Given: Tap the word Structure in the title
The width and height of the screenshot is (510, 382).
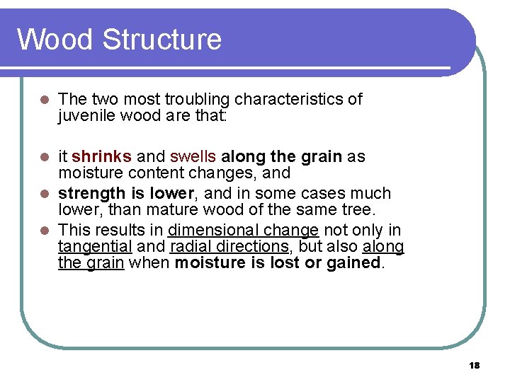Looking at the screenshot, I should pos(161,39).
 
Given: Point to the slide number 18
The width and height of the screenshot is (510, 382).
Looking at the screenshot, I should pos(474,365).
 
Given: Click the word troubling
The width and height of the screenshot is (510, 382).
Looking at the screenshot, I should pos(196,99).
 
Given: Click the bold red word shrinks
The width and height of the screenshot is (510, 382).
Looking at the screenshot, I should pos(101,156).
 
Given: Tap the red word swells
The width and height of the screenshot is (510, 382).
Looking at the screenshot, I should pos(193,156).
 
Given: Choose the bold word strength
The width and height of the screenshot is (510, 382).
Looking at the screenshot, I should pos(89,193).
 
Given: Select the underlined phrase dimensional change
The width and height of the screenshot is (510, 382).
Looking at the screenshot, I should pos(243,229).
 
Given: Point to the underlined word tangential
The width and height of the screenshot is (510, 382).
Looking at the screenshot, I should pos(95,246).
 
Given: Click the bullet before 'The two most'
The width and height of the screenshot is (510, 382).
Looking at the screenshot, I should pos(43,100).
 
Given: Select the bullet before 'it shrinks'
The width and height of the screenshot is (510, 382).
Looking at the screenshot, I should pos(43,157).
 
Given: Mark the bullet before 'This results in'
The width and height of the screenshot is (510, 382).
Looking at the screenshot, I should pos(43,230).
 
